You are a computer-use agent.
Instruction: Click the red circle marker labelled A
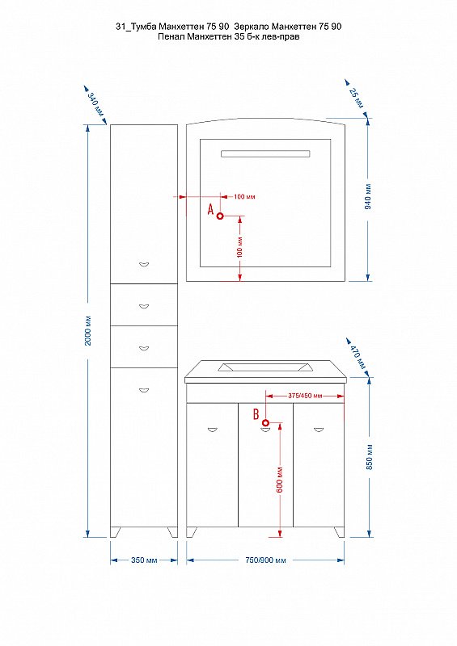click(x=220, y=216)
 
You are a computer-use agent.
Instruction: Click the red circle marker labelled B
click(x=265, y=422)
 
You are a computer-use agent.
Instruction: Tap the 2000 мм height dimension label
click(x=88, y=331)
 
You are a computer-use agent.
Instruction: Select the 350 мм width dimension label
click(x=144, y=560)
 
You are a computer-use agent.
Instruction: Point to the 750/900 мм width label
click(x=265, y=560)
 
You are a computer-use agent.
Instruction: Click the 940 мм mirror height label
click(x=368, y=196)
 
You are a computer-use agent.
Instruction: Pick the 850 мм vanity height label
click(x=369, y=456)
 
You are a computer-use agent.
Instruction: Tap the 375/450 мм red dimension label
click(x=305, y=396)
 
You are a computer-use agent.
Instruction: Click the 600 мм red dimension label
click(x=280, y=480)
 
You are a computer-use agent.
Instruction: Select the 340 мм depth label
click(x=96, y=105)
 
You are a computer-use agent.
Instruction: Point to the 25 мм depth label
click(x=357, y=98)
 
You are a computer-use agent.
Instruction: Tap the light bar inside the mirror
click(x=265, y=153)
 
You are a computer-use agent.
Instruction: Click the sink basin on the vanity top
click(x=264, y=367)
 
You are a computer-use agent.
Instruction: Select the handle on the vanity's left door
click(x=212, y=430)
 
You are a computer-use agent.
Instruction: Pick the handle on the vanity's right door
click(x=319, y=430)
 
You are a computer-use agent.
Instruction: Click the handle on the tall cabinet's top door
click(x=144, y=264)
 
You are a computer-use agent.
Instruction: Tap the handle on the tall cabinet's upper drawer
click(x=144, y=306)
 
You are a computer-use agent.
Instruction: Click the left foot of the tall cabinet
click(x=116, y=532)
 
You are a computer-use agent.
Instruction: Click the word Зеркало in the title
click(x=252, y=27)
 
